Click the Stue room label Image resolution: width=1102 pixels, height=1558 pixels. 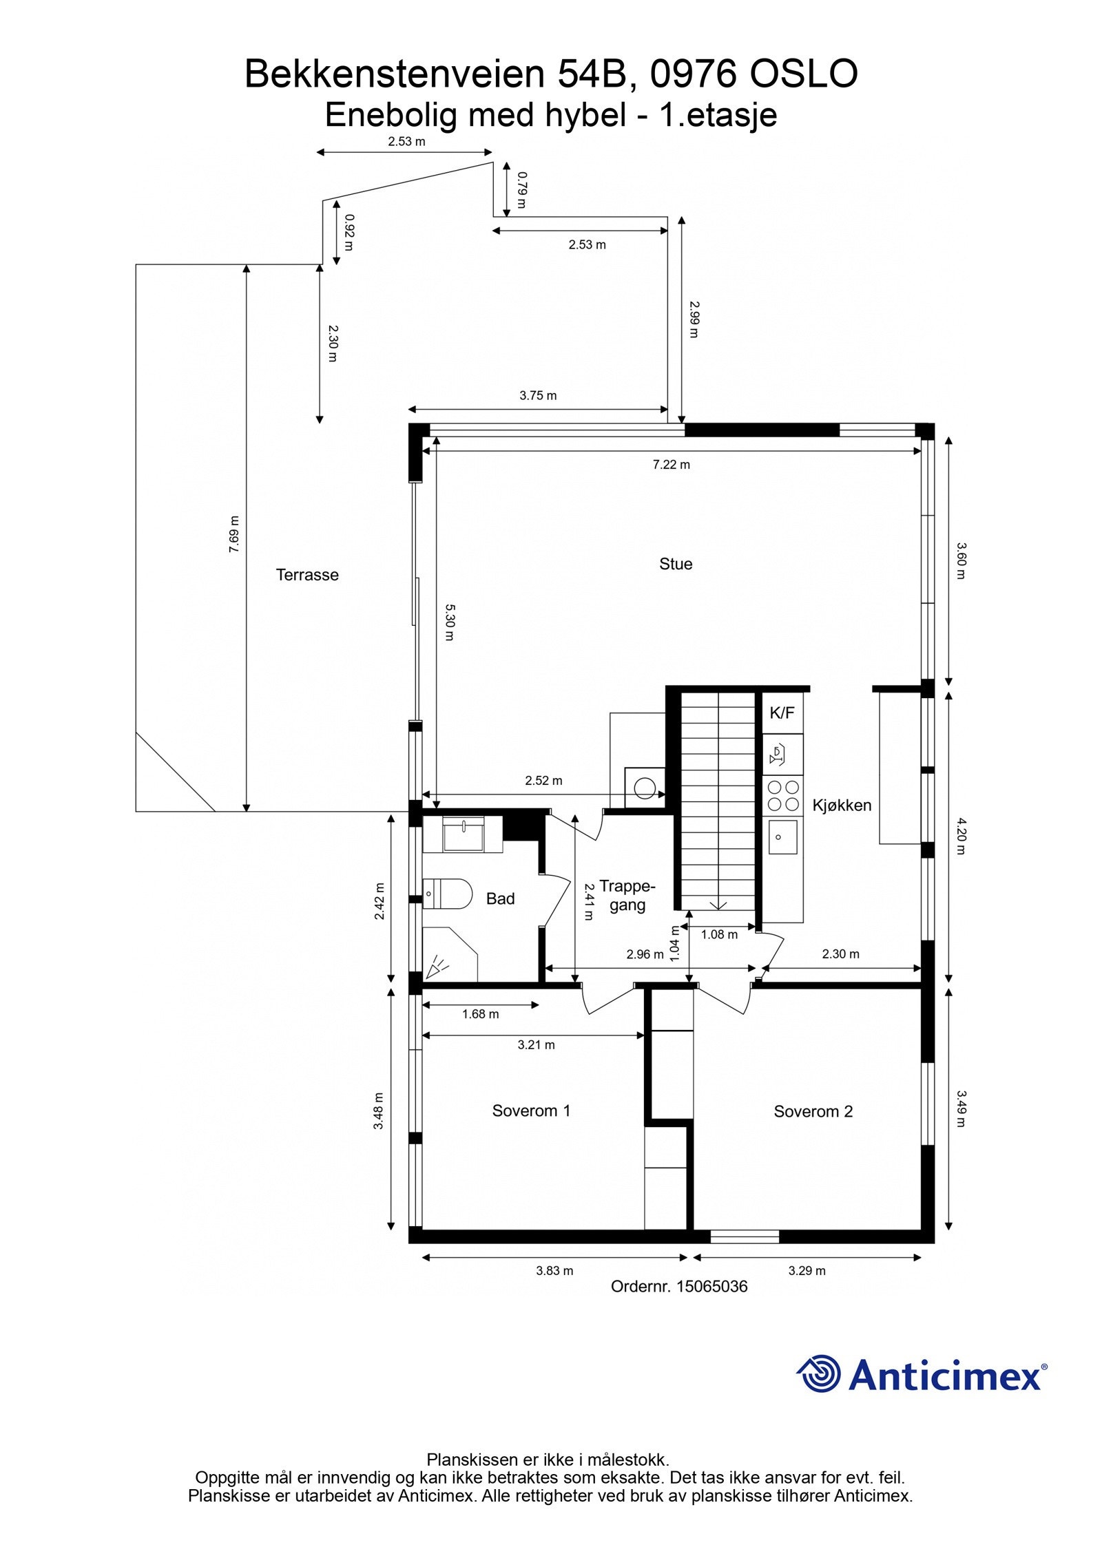tap(675, 564)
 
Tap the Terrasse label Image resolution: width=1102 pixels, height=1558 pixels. tap(307, 575)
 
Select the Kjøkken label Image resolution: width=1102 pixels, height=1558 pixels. tap(842, 805)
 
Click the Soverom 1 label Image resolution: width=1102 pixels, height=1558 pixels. tap(531, 1110)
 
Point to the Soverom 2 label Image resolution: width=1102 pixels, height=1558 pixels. tap(813, 1111)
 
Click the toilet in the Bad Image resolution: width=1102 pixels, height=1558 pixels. tap(448, 894)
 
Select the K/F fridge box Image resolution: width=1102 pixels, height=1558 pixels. tap(782, 713)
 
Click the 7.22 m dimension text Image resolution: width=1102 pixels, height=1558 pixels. tap(671, 465)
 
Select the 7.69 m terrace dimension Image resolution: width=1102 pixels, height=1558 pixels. tap(234, 534)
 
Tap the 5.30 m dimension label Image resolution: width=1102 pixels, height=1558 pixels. tap(449, 622)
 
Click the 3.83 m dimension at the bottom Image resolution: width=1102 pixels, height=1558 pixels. tap(554, 1271)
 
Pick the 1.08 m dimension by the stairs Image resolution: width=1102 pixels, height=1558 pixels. tap(719, 934)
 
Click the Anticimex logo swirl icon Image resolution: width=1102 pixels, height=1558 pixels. tap(819, 1373)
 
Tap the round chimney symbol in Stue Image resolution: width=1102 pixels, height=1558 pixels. tap(645, 788)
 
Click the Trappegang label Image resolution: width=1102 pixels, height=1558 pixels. tap(627, 895)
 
